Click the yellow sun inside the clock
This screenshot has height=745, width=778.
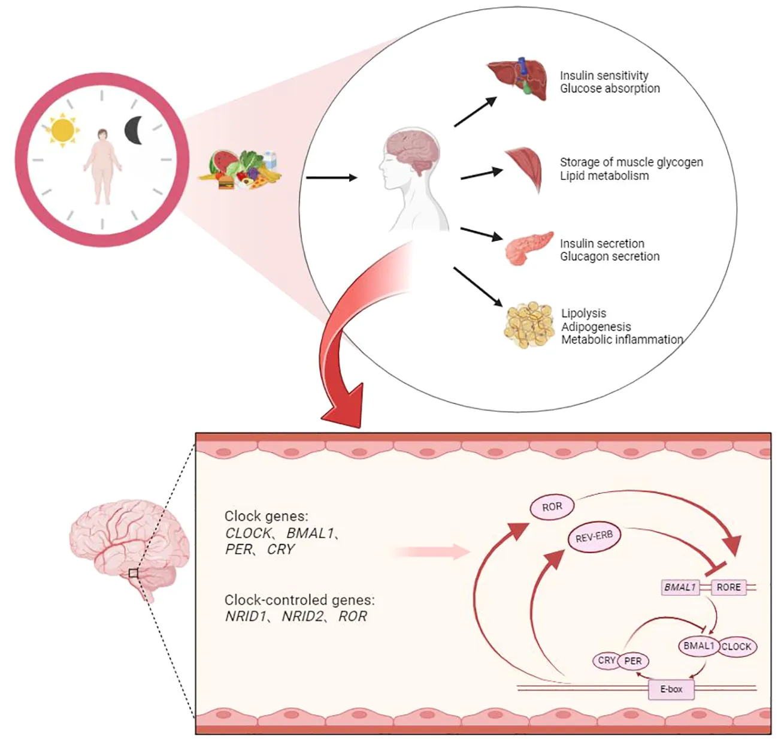(62, 129)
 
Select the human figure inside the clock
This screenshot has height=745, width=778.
(102, 167)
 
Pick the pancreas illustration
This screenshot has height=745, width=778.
(529, 248)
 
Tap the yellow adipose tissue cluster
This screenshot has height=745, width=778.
(528, 325)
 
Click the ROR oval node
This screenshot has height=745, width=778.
(552, 507)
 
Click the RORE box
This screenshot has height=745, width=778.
(728, 587)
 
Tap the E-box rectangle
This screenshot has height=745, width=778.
(671, 689)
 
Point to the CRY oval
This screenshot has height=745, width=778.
(606, 660)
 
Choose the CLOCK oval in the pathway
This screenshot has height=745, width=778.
(736, 647)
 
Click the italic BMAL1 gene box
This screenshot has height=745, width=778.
(680, 587)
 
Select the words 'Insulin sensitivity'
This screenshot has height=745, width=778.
(604, 76)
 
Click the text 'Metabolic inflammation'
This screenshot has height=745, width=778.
(622, 340)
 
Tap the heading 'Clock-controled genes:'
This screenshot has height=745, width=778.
(299, 600)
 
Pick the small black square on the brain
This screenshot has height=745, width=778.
(133, 574)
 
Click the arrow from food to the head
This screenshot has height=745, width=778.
(331, 177)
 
